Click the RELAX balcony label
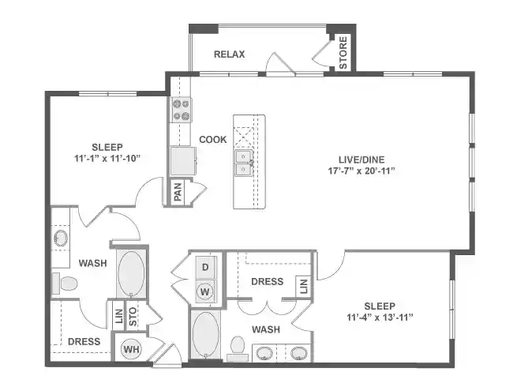tap(230, 54)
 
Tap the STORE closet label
tap(343, 53)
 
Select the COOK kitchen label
tap(212, 140)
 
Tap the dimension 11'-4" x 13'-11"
tap(380, 317)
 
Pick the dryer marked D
tap(204, 268)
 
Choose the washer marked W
tap(204, 291)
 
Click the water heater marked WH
tap(129, 348)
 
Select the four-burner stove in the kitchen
tap(182, 109)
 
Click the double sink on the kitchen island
tap(242, 162)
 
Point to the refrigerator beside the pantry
tap(183, 161)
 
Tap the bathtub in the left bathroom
tap(131, 273)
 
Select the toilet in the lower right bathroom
tap(237, 348)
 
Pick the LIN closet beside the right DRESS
tap(302, 286)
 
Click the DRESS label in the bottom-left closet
tap(84, 342)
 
